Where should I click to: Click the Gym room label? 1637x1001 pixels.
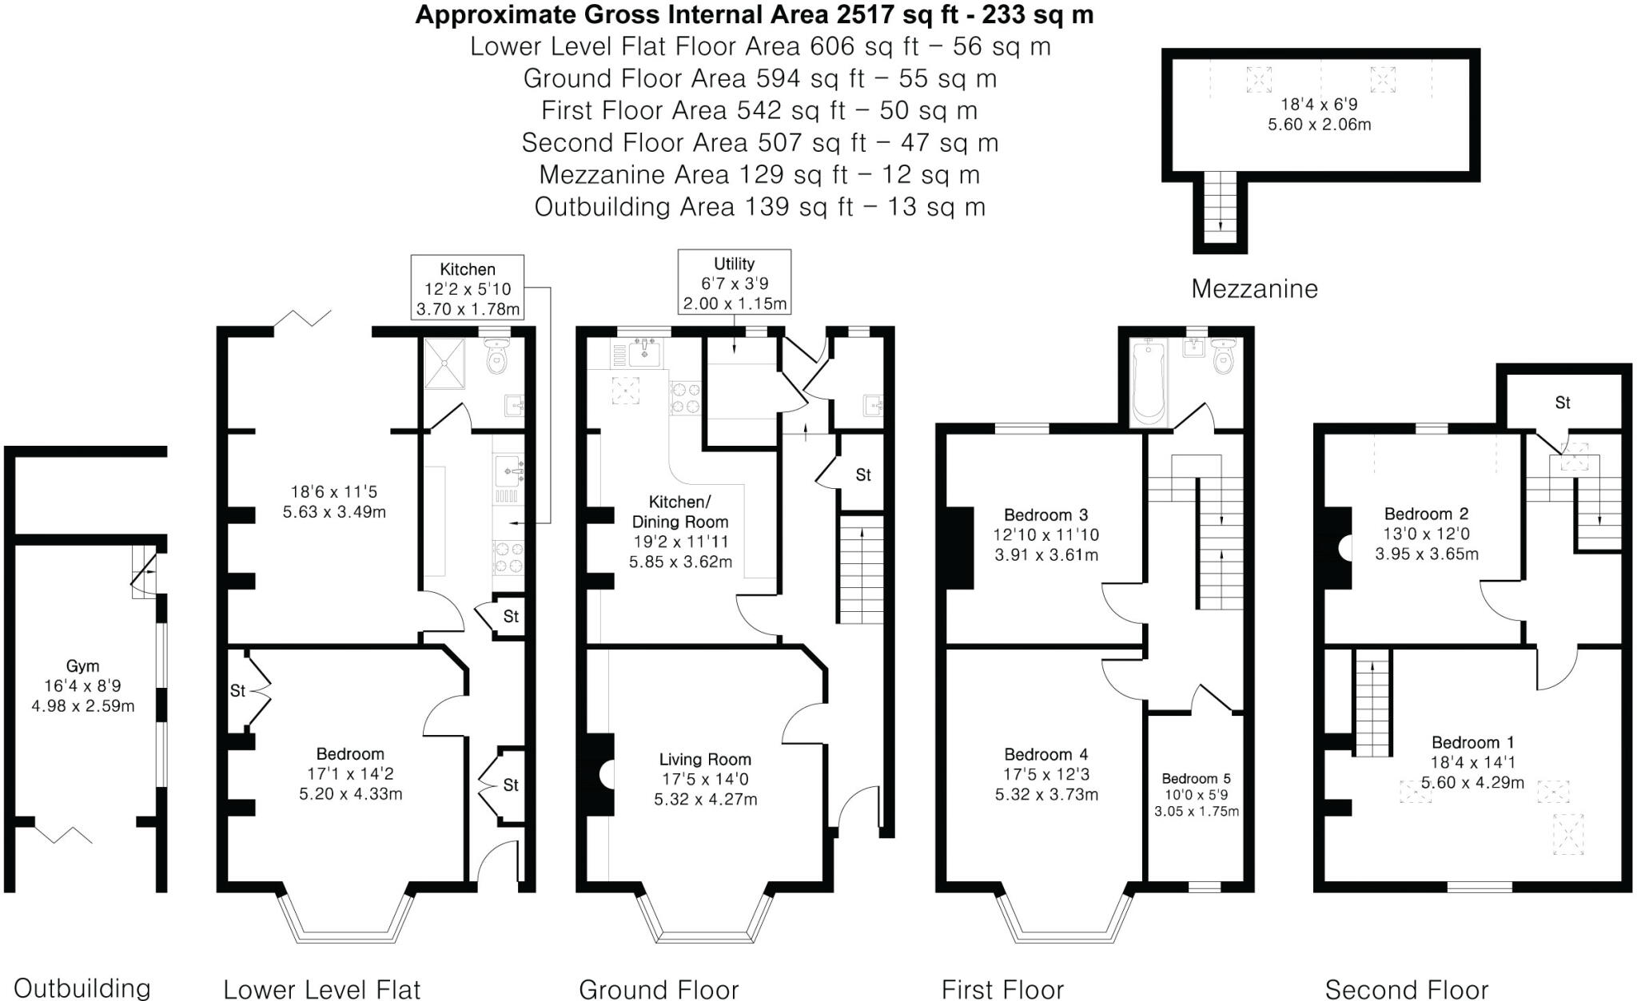[x=82, y=665]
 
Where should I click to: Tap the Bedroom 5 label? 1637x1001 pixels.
[x=1196, y=778]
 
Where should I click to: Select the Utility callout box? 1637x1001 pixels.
[x=734, y=283]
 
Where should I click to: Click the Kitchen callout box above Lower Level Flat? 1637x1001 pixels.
[x=468, y=288]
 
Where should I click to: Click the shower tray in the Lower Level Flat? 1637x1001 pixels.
[x=444, y=363]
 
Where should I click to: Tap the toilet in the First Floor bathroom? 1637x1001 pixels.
[x=1223, y=359]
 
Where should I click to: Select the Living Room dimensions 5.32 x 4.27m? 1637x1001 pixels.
[x=705, y=799]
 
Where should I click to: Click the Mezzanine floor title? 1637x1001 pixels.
[x=1253, y=288]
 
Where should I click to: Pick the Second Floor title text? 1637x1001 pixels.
[x=1406, y=989]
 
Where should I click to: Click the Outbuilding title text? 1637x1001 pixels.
[x=82, y=988]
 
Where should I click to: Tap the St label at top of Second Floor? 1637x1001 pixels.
[x=1562, y=403]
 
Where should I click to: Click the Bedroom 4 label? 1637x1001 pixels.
[x=1046, y=754]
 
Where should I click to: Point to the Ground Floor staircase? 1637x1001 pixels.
[x=861, y=569]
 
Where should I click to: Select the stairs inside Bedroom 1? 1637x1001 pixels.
[x=1373, y=703]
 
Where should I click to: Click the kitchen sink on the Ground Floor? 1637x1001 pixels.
[x=643, y=352]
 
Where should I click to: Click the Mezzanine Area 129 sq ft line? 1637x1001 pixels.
[x=759, y=174]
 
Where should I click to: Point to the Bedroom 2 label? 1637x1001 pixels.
[x=1426, y=514]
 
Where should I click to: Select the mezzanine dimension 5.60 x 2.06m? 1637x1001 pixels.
[x=1319, y=125]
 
